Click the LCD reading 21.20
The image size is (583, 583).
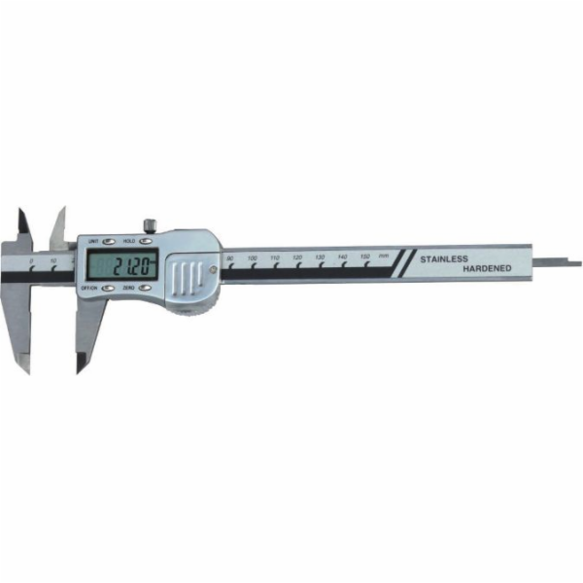[x=122, y=264]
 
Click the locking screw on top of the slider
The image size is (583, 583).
[x=150, y=226]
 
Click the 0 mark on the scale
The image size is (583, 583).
[x=31, y=261]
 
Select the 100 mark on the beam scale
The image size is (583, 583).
[x=253, y=258]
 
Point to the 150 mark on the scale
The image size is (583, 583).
[x=365, y=257]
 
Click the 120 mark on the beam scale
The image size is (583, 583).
[x=297, y=258]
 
